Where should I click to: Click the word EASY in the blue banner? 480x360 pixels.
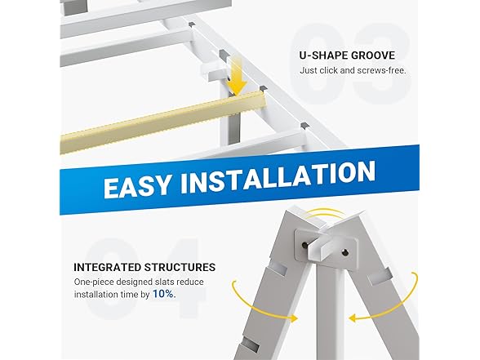136,186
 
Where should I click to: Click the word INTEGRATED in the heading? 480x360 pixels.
107,267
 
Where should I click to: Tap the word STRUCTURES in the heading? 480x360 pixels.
180,267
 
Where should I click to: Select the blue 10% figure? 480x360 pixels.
164,294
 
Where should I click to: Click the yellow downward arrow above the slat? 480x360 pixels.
238,77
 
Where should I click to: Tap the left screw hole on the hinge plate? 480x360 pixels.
305,245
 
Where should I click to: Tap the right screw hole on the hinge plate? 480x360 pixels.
345,252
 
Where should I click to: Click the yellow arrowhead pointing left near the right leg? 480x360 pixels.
354,318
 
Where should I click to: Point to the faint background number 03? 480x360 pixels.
350,64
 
